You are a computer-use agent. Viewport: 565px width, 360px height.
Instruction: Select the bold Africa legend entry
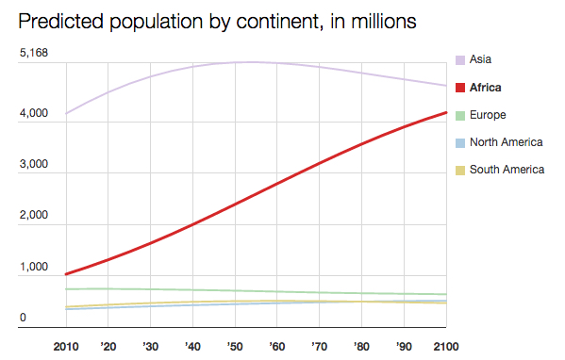484,88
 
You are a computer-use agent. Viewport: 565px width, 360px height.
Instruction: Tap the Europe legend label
488,115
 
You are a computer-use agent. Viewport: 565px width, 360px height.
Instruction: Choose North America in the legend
506,142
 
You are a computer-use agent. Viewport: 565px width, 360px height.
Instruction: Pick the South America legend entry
507,170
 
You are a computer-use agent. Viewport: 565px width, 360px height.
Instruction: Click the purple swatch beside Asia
460,59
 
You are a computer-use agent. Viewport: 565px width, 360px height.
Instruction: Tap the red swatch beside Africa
460,88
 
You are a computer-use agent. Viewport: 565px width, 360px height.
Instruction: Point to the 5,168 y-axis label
33,54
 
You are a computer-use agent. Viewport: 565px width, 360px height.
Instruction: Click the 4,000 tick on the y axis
33,114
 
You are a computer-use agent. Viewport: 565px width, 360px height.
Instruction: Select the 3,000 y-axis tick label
33,165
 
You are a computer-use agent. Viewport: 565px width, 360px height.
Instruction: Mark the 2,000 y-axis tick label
33,216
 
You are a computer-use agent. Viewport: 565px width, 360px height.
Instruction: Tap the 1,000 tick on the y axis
33,268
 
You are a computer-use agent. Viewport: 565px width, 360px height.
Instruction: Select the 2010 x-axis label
66,347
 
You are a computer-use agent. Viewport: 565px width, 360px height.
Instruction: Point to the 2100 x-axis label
445,347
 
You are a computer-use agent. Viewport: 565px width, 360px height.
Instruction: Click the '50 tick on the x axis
235,347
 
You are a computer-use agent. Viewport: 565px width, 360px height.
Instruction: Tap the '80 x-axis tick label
361,347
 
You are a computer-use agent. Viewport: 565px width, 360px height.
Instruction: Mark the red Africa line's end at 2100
445,113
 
